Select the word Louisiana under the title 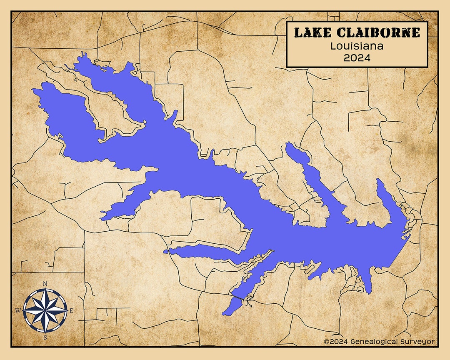pos(357,46)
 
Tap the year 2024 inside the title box pos(357,58)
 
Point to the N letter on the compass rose pos(45,284)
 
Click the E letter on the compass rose pos(71,310)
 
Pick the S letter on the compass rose pos(45,337)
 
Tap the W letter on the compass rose pos(18,310)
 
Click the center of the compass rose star pos(45,310)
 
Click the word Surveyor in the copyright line pos(418,342)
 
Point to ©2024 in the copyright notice pos(335,342)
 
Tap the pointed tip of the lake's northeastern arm pos(378,180)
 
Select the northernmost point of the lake pos(82,53)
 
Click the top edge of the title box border pos(357,22)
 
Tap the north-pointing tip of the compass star pos(45,288)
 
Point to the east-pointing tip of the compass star pos(67,310)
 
